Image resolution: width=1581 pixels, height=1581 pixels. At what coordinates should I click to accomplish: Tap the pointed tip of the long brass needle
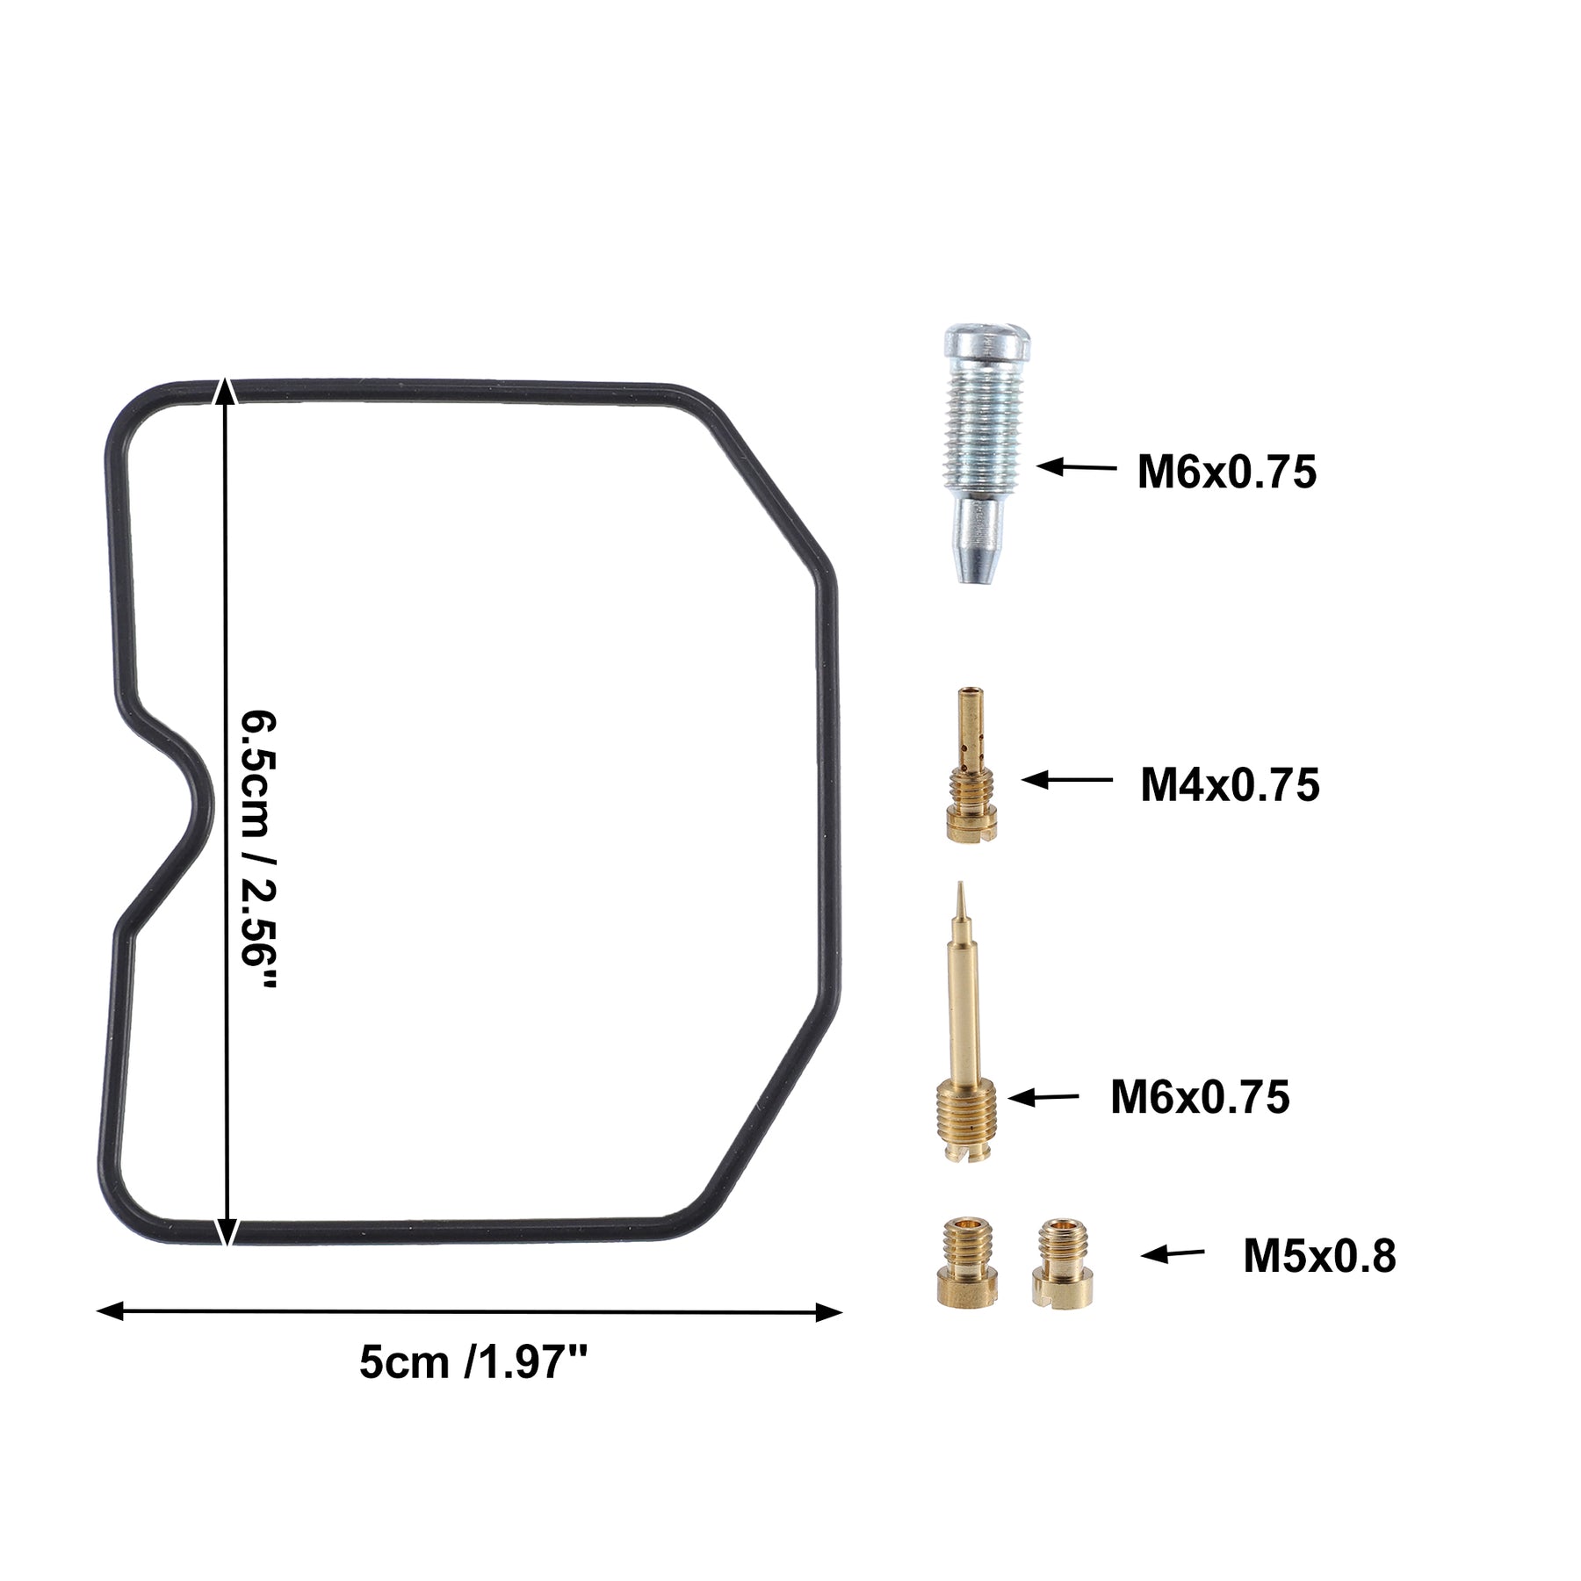[x=961, y=884]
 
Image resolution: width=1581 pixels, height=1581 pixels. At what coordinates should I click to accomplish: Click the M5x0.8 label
[x=1319, y=1257]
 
